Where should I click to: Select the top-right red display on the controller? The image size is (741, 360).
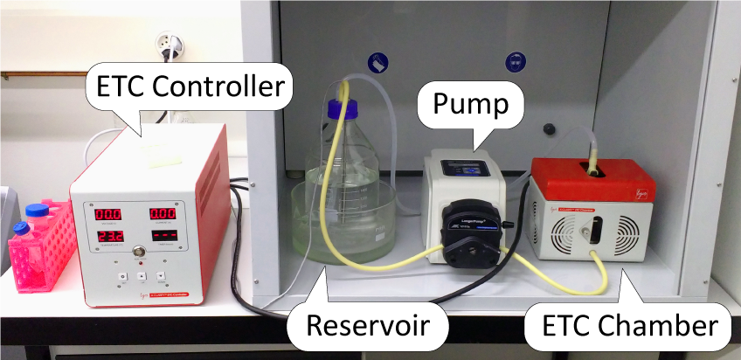163,213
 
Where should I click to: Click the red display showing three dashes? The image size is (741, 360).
163,236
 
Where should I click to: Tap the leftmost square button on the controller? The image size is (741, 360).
122,277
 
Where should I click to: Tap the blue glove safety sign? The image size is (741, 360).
377,63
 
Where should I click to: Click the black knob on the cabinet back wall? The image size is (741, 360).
549,128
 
